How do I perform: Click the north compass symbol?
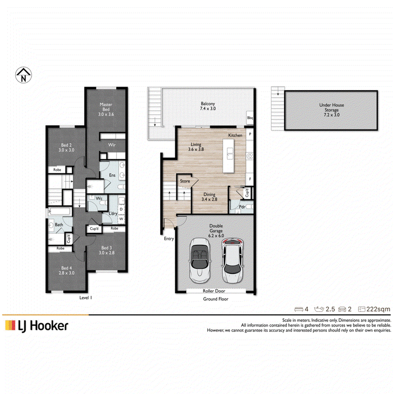coord(23,75)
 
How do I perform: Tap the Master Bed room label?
coord(106,109)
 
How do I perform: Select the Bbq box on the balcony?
coord(250,118)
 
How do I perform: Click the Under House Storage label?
coord(331,110)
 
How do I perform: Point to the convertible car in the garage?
coord(199,261)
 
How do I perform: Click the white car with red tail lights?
coord(232,261)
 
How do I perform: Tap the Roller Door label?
coord(214,291)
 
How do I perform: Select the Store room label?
coord(185,181)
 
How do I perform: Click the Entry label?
coord(169,239)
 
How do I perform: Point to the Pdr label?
coord(242,207)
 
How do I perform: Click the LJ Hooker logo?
coord(36,326)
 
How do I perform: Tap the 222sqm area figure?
coord(378,309)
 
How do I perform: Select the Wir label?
coord(112,145)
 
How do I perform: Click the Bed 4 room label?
coord(66,270)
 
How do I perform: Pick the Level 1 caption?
coord(86,298)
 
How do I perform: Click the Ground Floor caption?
coord(216,299)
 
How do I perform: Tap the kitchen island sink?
coord(230,154)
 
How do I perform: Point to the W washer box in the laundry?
coord(121,219)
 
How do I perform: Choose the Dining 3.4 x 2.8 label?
coord(209,197)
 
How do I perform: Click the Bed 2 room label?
coord(66,147)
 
